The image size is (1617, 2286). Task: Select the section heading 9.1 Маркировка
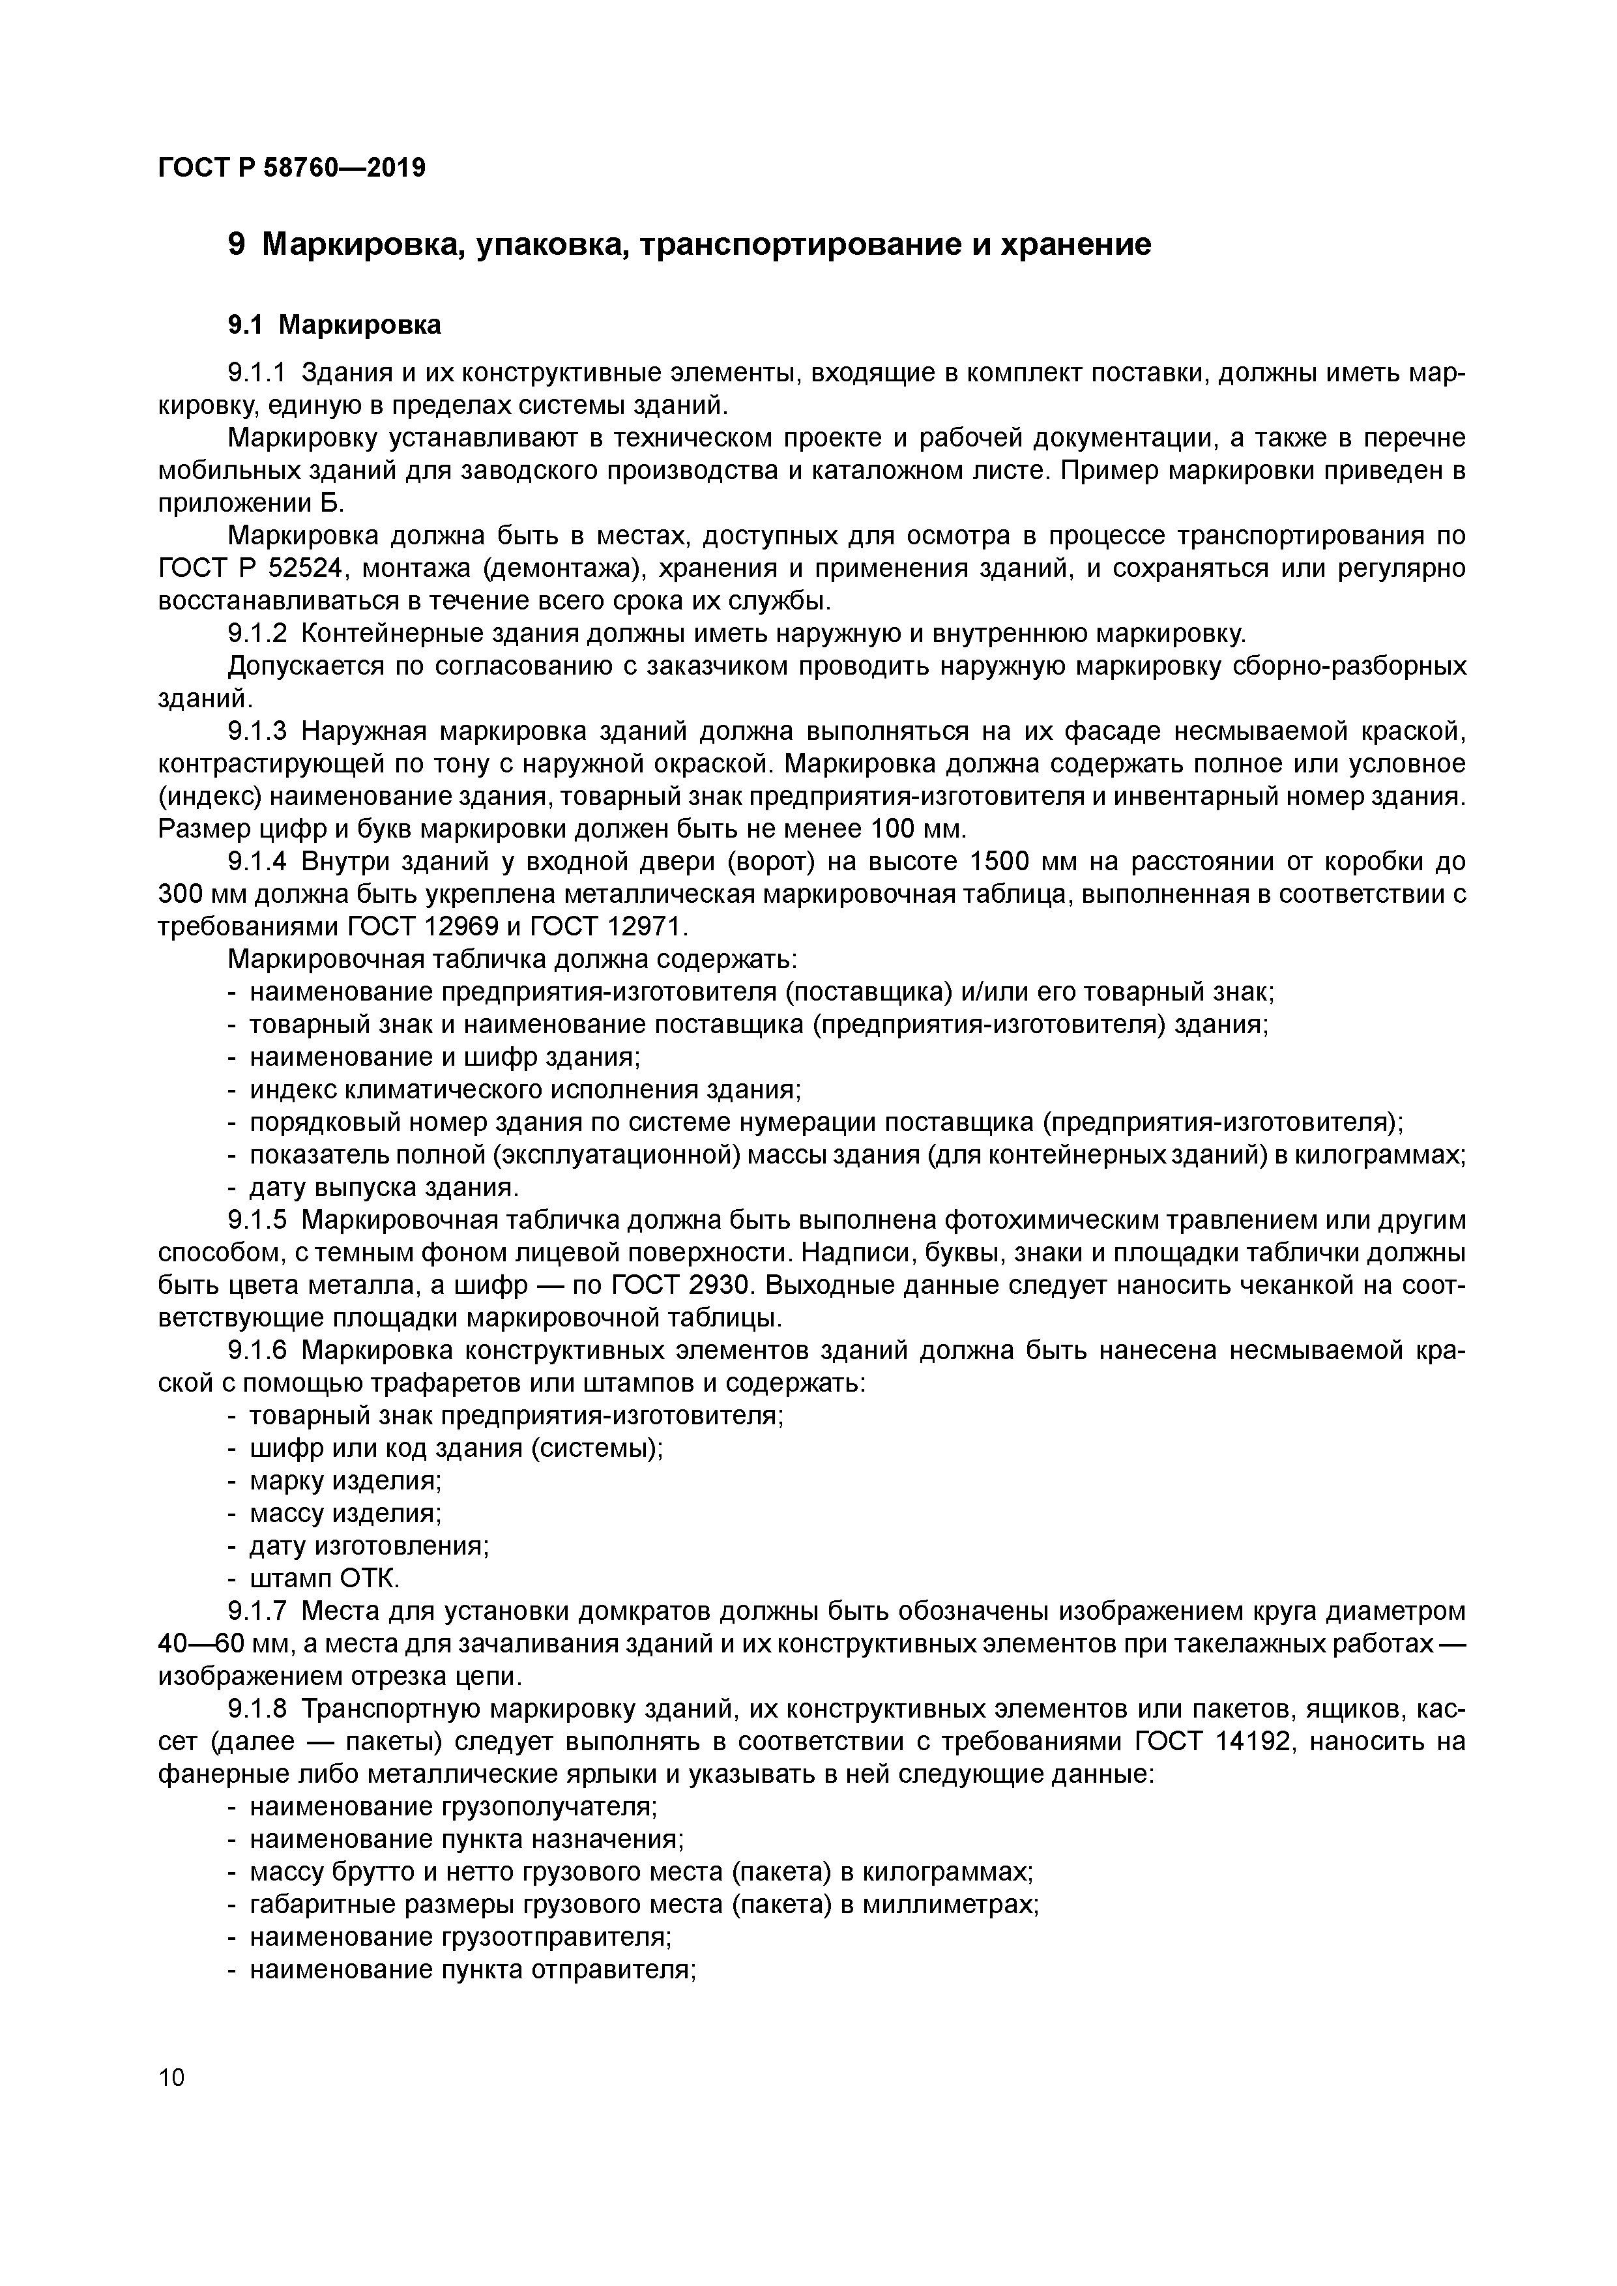334,325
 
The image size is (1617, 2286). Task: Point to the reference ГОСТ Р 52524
251,568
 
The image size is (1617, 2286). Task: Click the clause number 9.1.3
257,732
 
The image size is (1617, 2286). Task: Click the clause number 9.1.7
257,1611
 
